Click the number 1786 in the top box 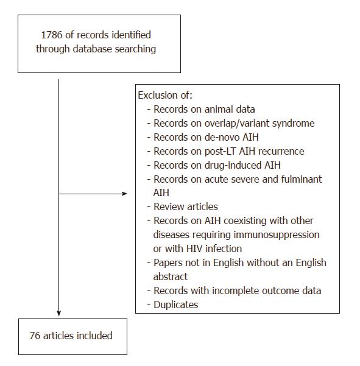[x=52, y=35]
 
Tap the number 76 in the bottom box [x=35, y=336]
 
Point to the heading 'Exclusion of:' [x=165, y=95]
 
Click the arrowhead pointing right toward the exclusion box [x=124, y=194]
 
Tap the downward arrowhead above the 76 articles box [x=59, y=313]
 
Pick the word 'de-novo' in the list [x=222, y=137]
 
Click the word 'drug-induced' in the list [x=233, y=165]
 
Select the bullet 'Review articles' [x=186, y=207]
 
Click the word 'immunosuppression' [x=277, y=235]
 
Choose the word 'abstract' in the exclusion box [x=171, y=277]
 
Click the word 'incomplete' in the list [x=235, y=291]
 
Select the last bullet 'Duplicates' [x=176, y=305]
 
